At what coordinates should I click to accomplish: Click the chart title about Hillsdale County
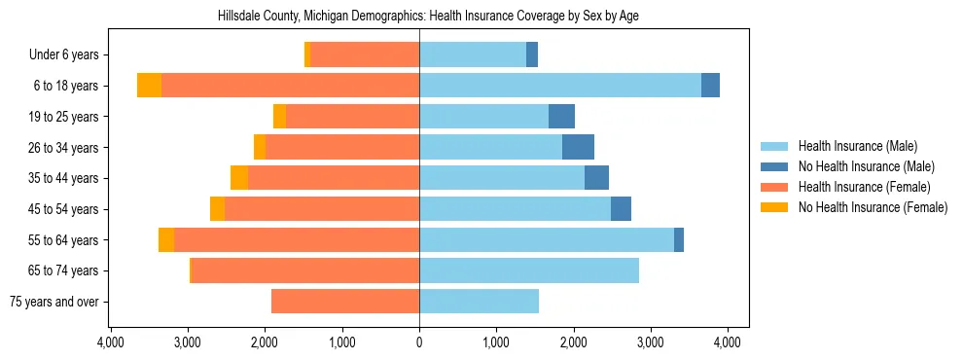[x=419, y=17]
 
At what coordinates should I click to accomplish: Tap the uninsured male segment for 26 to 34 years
[x=578, y=147]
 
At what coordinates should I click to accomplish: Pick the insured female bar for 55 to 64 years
[x=297, y=239]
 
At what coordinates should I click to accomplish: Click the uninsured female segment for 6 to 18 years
[x=149, y=86]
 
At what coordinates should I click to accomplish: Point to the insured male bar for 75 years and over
[x=479, y=302]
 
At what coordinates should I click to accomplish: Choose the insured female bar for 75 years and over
[x=345, y=302]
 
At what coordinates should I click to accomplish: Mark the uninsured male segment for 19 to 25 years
[x=561, y=117]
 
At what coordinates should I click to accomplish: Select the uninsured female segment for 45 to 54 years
[x=217, y=209]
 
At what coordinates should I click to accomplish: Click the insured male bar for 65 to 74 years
[x=528, y=270]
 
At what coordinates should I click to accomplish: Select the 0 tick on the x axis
[x=419, y=342]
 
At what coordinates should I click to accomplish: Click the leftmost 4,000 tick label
[x=110, y=342]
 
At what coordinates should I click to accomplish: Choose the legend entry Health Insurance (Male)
[x=857, y=146]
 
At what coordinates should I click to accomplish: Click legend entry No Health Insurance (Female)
[x=873, y=207]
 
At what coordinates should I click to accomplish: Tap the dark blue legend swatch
[x=773, y=166]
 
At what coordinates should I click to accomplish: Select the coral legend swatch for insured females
[x=773, y=187]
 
